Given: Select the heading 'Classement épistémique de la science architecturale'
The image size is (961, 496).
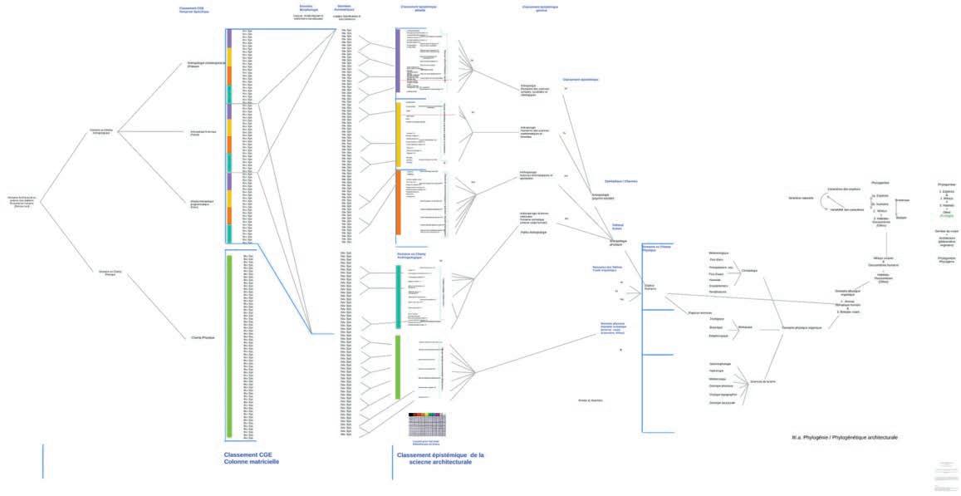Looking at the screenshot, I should [440, 459].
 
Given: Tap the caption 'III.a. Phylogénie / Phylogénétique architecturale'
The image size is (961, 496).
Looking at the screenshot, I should [845, 437].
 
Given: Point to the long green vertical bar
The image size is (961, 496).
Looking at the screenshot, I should [229, 346].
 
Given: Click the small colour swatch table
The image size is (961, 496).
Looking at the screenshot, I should [427, 424].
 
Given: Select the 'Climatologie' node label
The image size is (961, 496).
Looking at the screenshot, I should [749, 270].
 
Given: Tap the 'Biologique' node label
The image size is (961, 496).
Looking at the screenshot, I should [745, 327].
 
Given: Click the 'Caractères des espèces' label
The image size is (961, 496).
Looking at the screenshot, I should [844, 189].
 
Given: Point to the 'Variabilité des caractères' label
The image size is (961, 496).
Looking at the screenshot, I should [847, 209].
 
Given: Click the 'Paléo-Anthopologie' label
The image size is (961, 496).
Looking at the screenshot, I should [532, 232].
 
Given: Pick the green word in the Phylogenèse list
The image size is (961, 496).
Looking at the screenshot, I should [947, 214].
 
